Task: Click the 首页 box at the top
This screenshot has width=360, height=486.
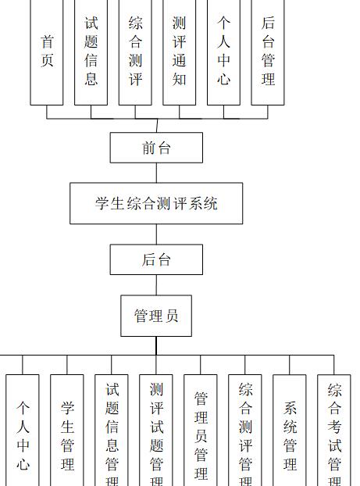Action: (x=47, y=52)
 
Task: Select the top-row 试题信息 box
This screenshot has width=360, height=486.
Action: (x=91, y=52)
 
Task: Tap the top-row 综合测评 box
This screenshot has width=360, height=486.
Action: (x=135, y=52)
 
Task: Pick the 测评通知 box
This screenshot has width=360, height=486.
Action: (x=180, y=52)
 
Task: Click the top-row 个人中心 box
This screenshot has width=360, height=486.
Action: (x=223, y=52)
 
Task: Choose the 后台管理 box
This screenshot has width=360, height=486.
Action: (x=268, y=52)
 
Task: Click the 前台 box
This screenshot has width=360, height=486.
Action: (x=156, y=148)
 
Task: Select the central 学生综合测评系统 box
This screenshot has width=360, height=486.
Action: (x=156, y=204)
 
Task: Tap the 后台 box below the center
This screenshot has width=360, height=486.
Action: (x=156, y=259)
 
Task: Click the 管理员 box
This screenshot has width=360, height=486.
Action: (x=156, y=316)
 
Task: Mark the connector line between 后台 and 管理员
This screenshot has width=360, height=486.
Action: (x=156, y=284)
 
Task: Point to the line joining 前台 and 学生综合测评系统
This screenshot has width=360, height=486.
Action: (x=156, y=173)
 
